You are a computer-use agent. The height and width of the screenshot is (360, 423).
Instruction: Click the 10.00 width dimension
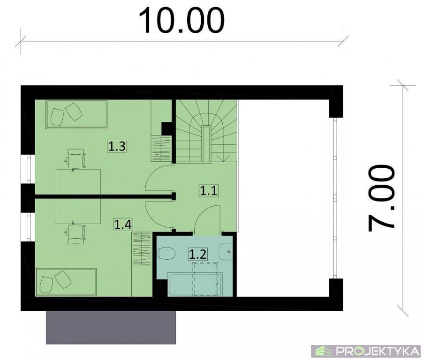point(181,21)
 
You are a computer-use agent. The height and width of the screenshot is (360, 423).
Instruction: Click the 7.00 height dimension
point(381,198)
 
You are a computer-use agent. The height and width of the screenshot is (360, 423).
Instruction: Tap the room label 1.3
point(117,146)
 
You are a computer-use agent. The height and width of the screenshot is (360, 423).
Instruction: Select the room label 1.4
point(123,225)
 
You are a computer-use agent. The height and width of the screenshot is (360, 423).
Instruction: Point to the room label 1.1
point(209,191)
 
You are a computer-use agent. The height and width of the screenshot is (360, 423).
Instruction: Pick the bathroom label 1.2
point(198,254)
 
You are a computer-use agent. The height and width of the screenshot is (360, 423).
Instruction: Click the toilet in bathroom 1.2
point(166,254)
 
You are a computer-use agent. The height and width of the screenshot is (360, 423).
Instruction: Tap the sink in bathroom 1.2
point(226,252)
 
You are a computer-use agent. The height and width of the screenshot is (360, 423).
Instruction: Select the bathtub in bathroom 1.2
point(195,284)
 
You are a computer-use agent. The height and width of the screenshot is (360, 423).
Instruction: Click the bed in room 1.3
point(76,114)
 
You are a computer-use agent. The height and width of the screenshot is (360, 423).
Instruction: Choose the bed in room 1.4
point(66,282)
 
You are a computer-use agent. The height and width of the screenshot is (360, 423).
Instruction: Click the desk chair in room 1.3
point(75,160)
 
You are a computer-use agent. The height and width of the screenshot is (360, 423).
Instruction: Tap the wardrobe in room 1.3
point(161,149)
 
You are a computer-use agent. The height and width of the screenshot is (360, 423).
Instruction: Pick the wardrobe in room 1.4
point(142,248)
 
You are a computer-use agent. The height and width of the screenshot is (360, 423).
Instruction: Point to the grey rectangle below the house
point(111,327)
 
